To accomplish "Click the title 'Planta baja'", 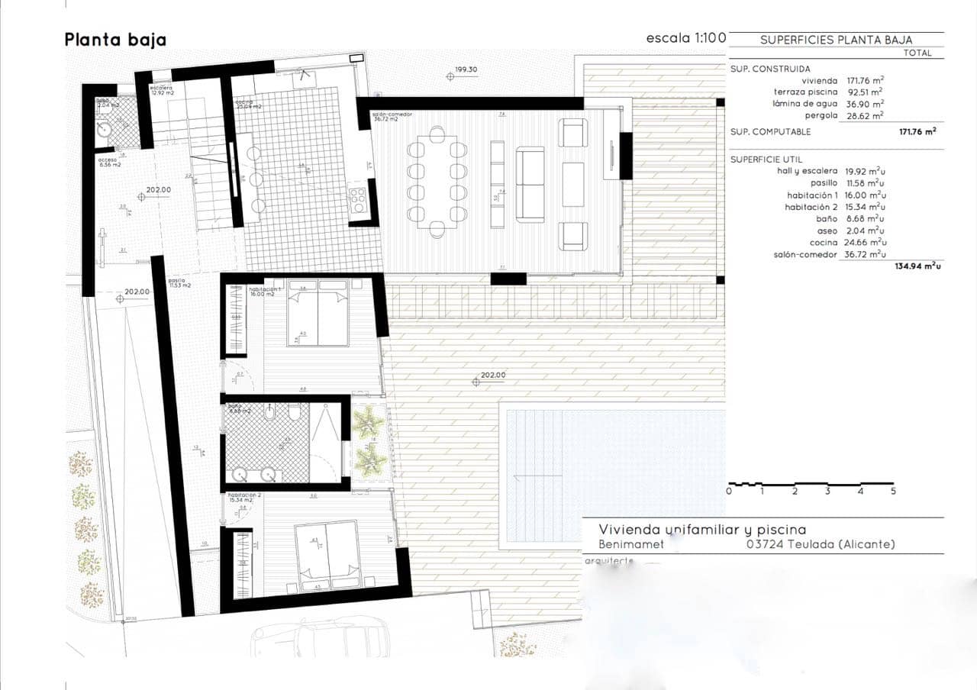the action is tap(115, 40).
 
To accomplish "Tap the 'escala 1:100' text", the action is tap(685, 37).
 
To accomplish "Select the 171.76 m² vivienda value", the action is tap(866, 80).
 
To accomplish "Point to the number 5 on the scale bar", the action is tap(893, 492).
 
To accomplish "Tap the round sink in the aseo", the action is tap(104, 129).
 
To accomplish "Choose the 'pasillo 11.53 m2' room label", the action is tap(180, 283).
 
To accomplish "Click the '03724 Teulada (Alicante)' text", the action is tap(820, 544).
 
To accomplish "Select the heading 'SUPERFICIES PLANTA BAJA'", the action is tap(836, 40).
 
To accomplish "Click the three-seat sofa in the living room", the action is tap(530, 175).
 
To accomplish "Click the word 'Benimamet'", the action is tap(631, 544).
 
